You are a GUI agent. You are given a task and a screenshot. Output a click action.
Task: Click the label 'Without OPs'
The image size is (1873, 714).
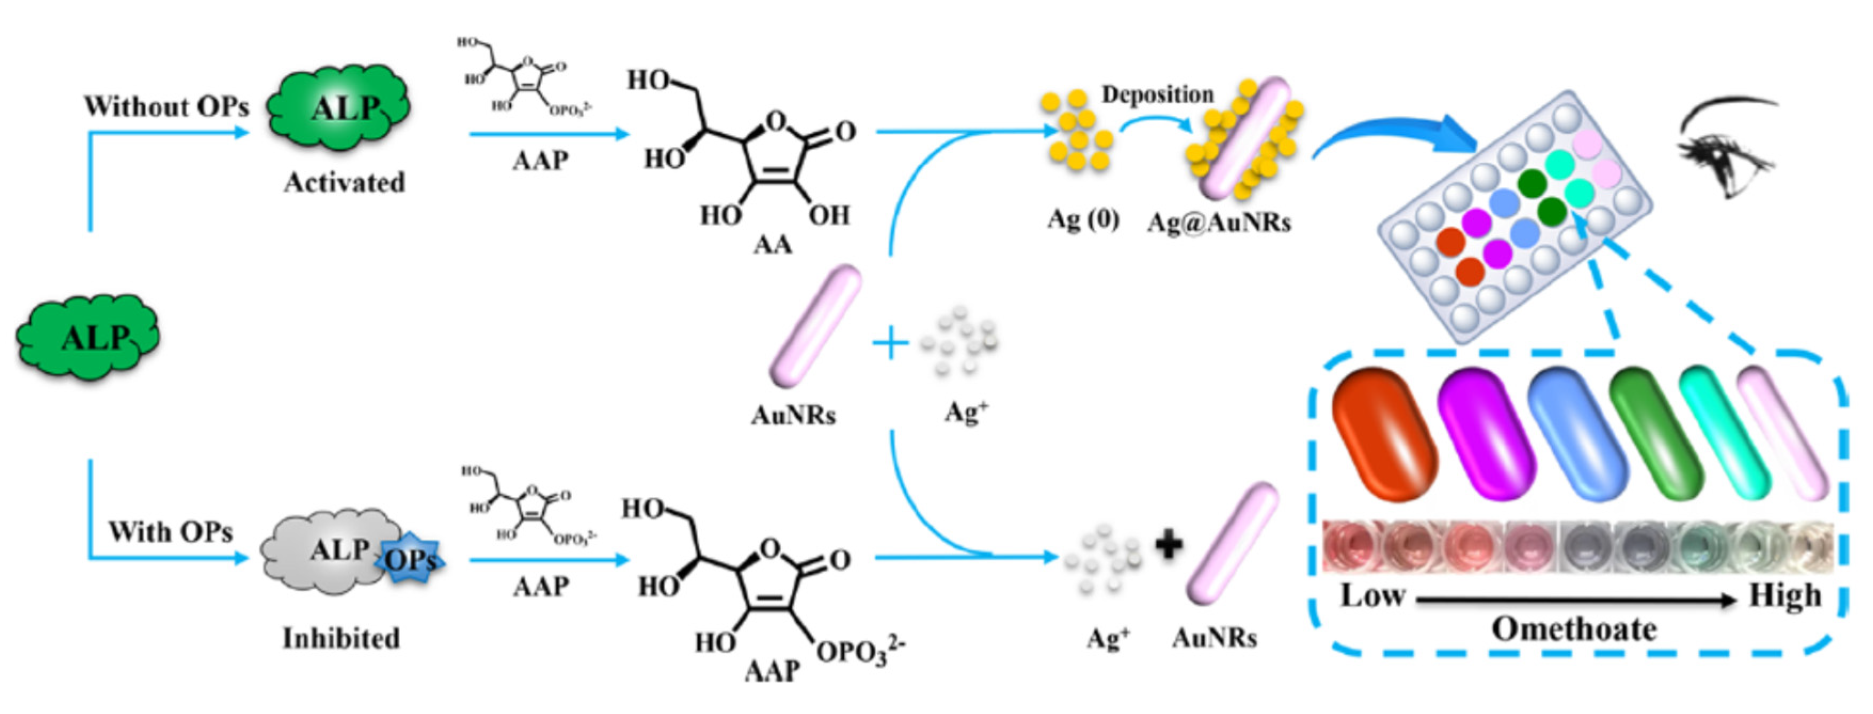166,106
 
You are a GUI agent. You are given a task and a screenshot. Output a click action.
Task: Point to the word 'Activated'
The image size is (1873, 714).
344,183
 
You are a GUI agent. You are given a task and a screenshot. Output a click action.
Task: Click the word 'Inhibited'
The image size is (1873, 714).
341,638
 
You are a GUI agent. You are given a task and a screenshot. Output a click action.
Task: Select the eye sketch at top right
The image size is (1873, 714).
1727,146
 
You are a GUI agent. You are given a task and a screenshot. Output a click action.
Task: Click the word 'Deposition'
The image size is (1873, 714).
1157,94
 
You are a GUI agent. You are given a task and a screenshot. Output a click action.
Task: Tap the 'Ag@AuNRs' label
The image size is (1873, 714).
1219,222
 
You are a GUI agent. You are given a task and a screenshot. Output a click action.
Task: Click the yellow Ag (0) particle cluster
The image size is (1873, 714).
1078,131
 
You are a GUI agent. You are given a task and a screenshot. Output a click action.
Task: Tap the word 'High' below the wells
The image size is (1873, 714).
1785,596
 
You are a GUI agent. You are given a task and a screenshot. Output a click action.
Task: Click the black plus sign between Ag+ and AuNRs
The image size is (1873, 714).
1168,545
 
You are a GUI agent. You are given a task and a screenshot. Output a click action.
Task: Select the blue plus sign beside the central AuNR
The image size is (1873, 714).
890,343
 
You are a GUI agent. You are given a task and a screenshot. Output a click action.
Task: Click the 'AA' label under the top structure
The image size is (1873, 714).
772,245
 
